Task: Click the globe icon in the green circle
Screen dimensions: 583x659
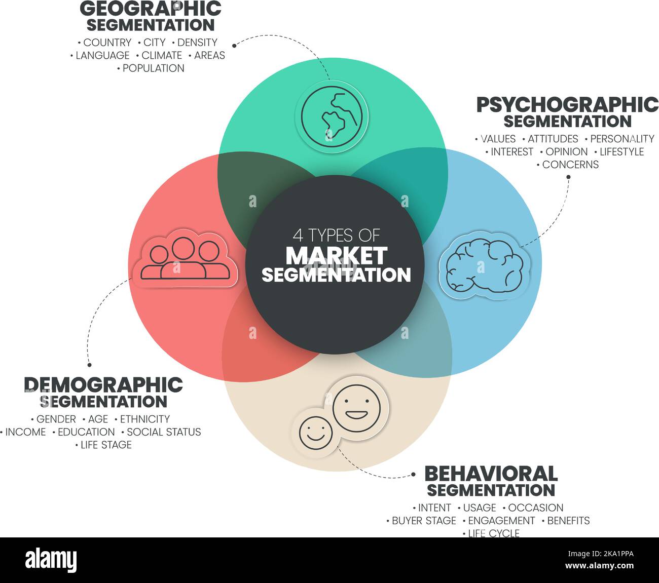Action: [x=332, y=116]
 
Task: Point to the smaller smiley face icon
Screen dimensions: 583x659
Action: [x=316, y=432]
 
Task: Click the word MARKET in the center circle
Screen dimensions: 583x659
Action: [x=336, y=256]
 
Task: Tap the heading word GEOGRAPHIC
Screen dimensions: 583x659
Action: [x=151, y=9]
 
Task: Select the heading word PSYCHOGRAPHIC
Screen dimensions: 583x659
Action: [x=567, y=105]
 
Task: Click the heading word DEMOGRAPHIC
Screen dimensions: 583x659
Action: [x=103, y=384]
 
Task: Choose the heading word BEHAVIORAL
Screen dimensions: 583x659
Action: [x=491, y=474]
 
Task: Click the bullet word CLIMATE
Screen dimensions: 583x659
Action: [x=162, y=55]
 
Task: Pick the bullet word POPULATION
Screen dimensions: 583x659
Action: [x=154, y=68]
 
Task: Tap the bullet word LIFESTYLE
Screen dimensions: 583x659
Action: [x=621, y=151]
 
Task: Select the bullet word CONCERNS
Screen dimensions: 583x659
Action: [x=570, y=164]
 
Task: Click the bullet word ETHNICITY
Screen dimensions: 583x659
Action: [x=145, y=419]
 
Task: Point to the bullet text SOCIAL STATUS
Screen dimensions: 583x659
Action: [x=164, y=432]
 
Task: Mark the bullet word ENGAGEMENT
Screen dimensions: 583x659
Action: [x=501, y=520]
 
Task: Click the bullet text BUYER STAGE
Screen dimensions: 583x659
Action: [x=424, y=520]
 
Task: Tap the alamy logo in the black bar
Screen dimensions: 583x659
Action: [x=51, y=560]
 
